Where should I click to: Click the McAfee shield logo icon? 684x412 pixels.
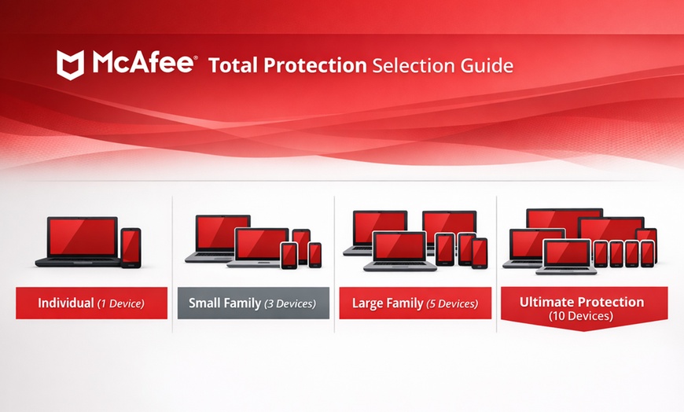(x=71, y=64)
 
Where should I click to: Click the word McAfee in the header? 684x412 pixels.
(x=142, y=64)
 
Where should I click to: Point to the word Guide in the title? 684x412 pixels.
(x=488, y=65)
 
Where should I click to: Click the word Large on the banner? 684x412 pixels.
(x=370, y=303)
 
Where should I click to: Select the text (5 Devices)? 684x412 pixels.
(x=451, y=303)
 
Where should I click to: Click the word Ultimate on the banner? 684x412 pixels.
(x=550, y=302)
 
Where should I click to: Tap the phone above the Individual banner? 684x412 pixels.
(x=131, y=247)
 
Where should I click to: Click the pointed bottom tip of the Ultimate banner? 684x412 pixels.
(x=584, y=329)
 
